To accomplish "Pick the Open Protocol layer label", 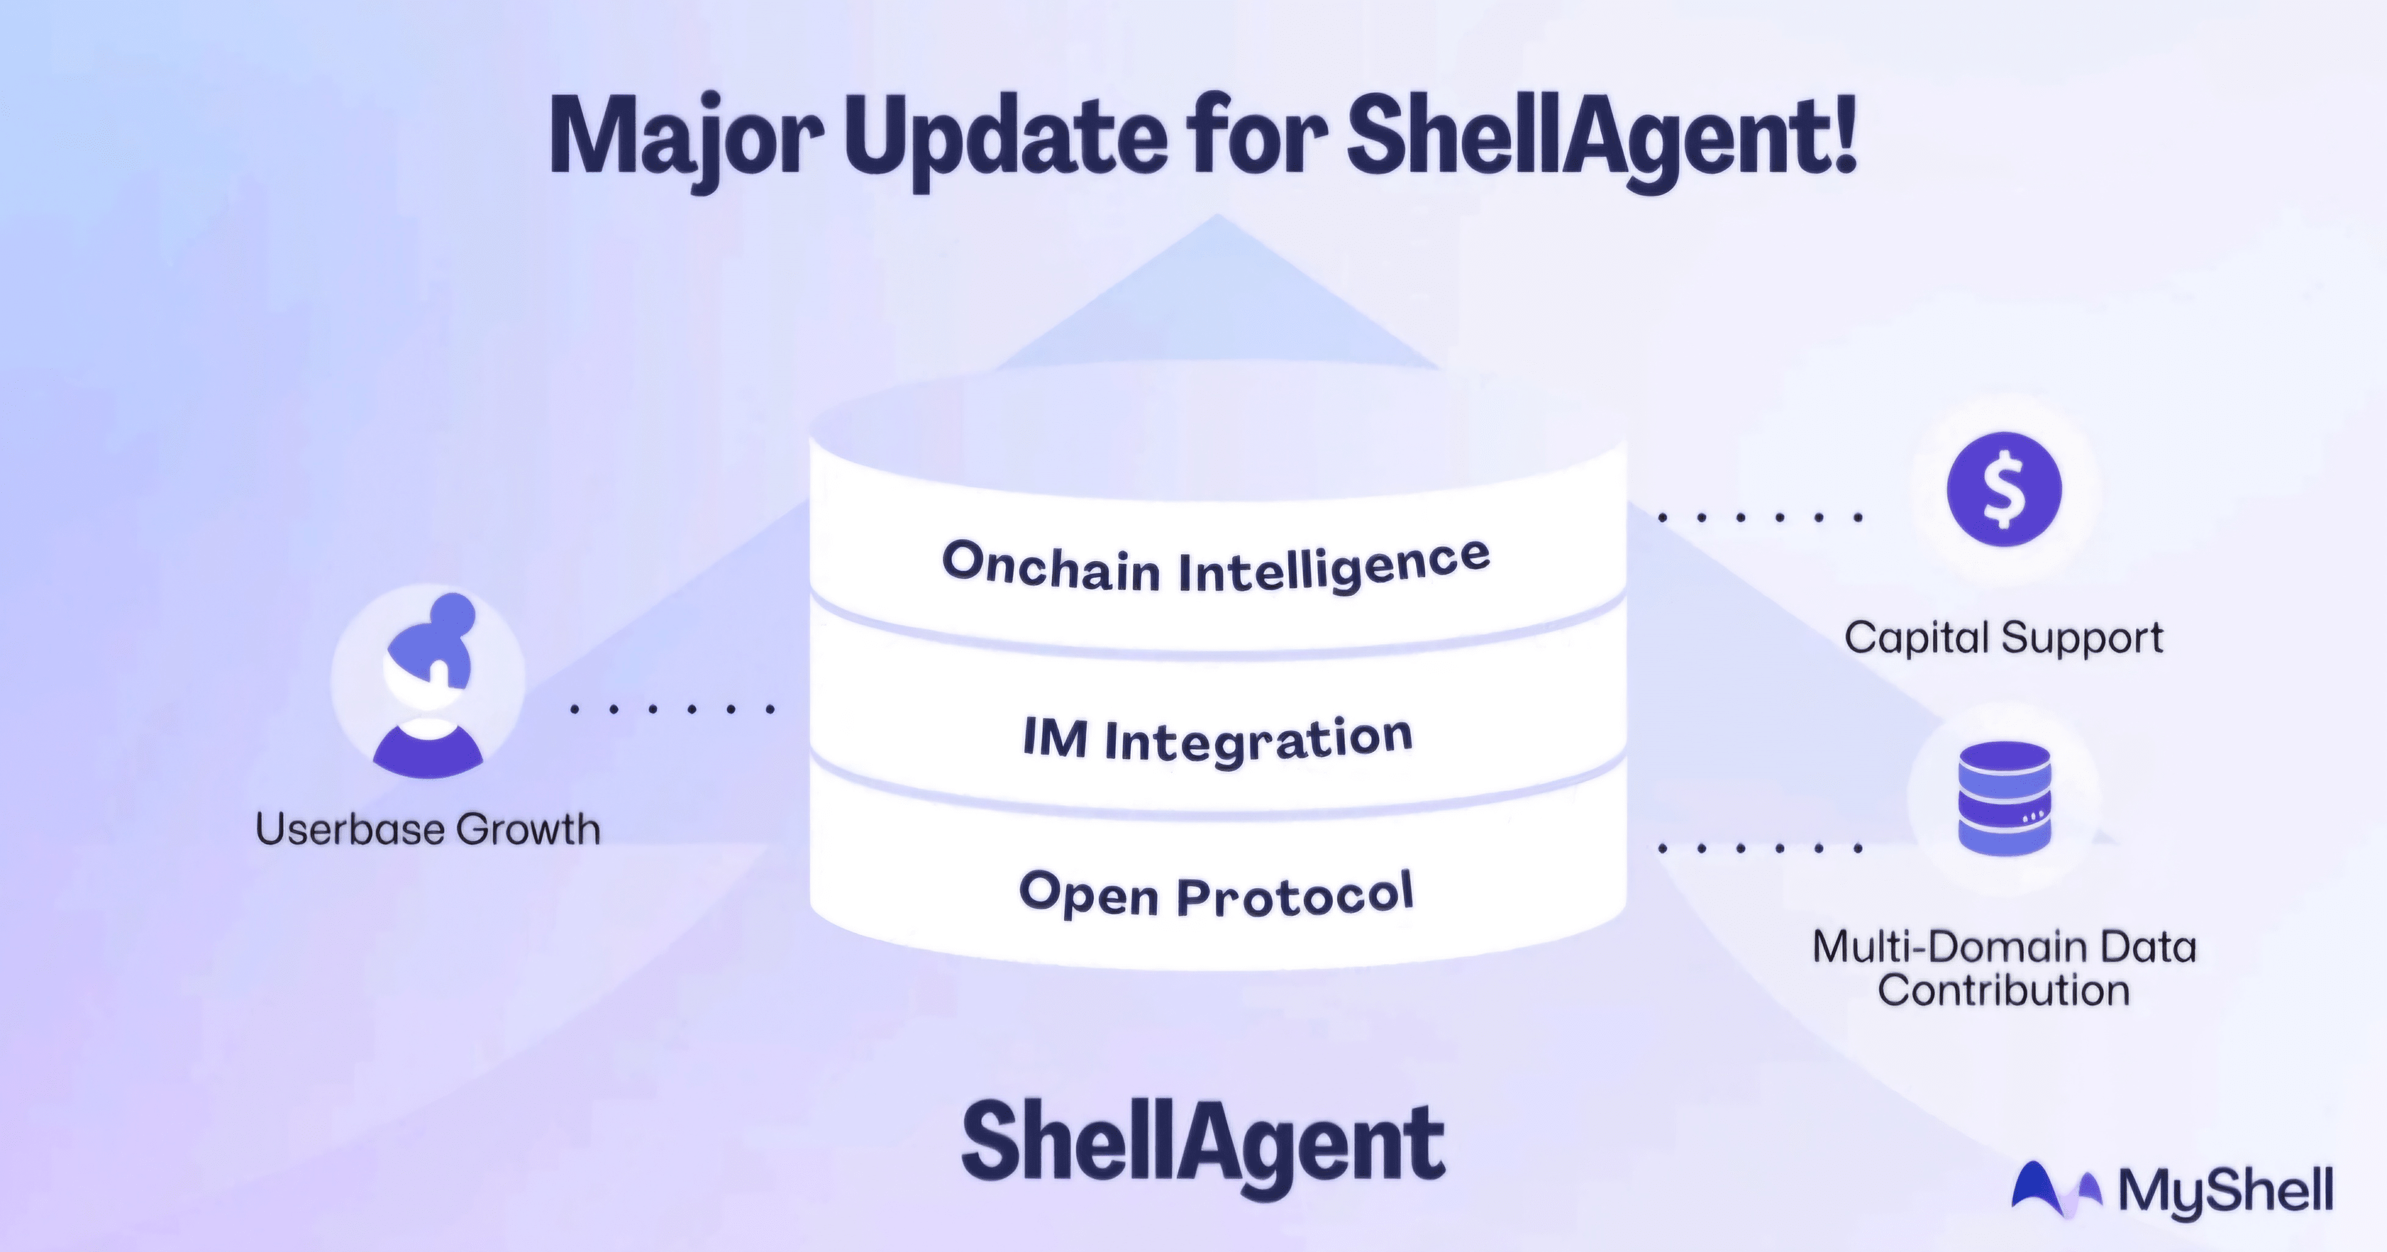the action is pos(1217,894).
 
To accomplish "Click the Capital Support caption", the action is pos(2003,639).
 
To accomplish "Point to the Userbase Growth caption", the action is pos(428,829).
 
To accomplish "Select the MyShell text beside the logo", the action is pos(2226,1191).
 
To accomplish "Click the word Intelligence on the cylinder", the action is pos(1334,566).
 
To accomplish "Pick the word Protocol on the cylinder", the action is pos(1295,895).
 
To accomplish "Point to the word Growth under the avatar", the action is pos(528,829).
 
